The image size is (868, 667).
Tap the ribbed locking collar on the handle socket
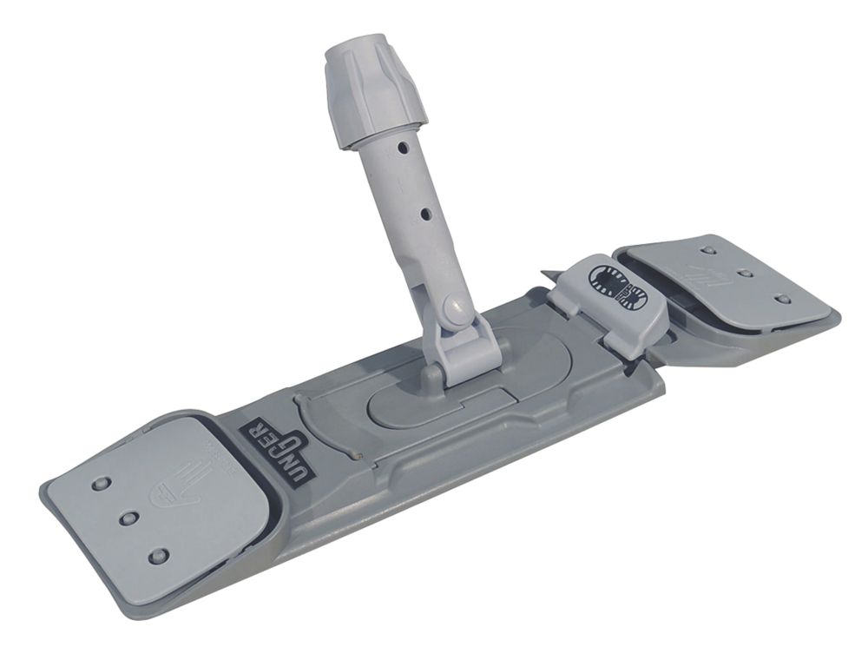click(376, 92)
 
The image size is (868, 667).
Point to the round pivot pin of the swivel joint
click(451, 306)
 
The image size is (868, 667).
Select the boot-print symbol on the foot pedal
click(618, 287)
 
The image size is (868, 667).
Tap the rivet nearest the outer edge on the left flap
click(102, 482)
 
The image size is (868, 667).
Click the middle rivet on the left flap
click(129, 518)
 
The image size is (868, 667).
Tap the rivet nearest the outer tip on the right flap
click(783, 299)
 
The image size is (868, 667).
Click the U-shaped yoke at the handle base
click(470, 347)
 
